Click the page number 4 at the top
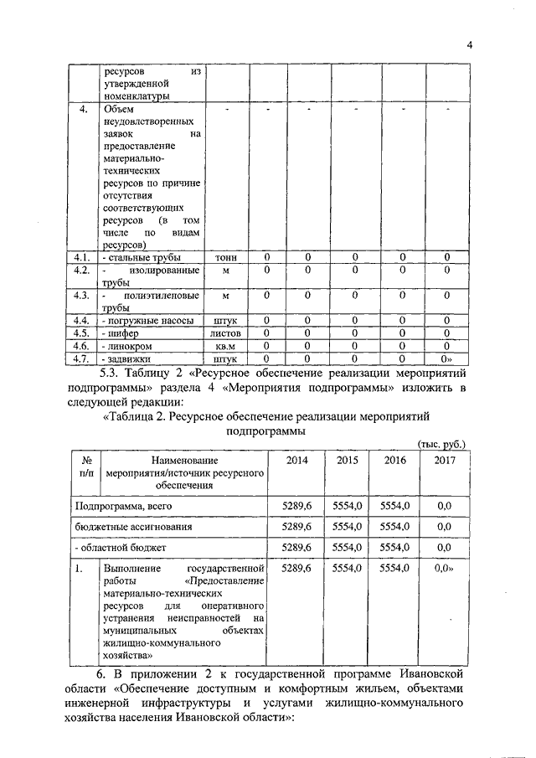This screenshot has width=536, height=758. click(471, 45)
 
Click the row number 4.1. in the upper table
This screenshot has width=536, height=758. click(81, 257)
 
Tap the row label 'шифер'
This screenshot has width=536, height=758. click(121, 333)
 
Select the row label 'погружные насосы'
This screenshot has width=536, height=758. click(147, 320)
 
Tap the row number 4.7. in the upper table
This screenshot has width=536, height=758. click(81, 358)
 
